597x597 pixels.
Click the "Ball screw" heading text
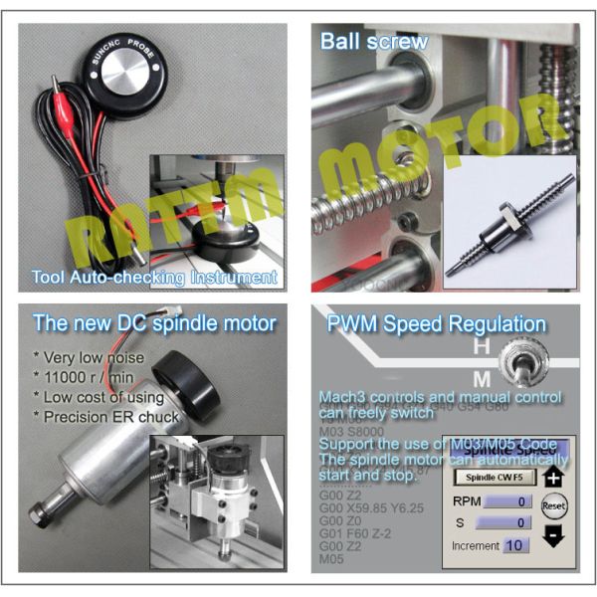coord(373,42)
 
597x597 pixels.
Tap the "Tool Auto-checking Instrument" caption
coord(153,278)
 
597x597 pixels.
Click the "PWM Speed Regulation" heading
coord(436,324)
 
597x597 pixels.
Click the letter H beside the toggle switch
coord(480,347)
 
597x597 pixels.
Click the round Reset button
coord(554,505)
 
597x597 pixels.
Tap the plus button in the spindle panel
coord(553,477)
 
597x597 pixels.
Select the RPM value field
coord(502,501)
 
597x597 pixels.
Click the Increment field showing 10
coord(515,545)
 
